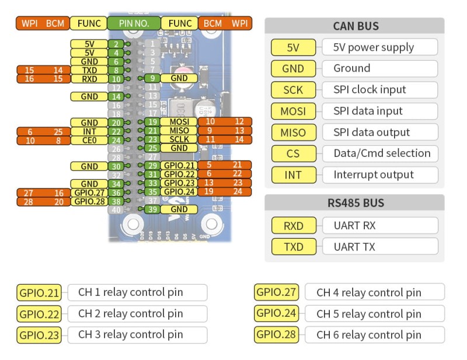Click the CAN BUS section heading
[355, 26]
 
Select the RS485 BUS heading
[355, 203]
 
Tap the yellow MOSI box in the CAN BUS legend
[293, 111]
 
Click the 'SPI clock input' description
[378, 89]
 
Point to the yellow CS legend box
[293, 153]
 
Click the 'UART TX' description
[354, 246]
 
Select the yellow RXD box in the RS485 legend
[293, 225]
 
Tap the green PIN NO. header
[133, 23]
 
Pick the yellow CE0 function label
[89, 140]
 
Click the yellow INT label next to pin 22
[89, 131]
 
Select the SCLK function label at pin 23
[179, 140]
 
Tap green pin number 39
[152, 209]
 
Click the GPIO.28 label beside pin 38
[89, 201]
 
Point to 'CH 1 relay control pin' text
[130, 292]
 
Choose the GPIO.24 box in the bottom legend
[277, 313]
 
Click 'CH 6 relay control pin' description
[369, 335]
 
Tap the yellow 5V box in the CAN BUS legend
[293, 47]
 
